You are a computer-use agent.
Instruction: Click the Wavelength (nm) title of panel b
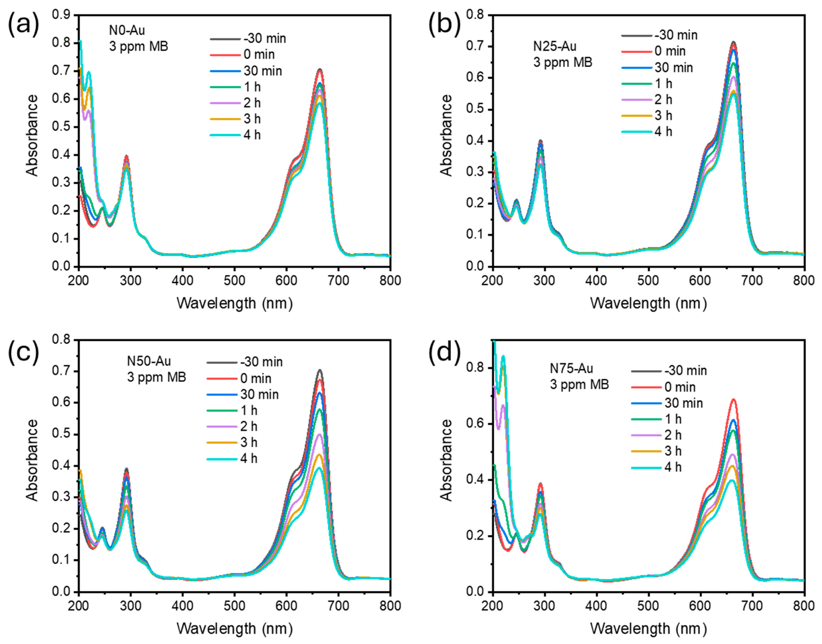point(648,303)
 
